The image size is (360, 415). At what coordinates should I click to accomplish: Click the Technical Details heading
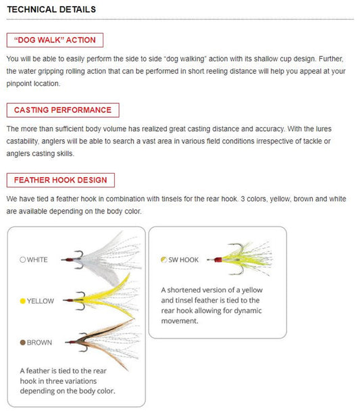51,9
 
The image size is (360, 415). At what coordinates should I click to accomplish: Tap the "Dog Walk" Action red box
55,40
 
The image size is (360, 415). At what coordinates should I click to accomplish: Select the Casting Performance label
63,110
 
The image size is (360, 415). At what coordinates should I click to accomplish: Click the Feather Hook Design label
60,180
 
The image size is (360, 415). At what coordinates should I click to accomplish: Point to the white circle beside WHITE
23,260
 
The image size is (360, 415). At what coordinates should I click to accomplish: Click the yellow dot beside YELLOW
23,301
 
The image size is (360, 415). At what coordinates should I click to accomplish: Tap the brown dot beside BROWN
23,343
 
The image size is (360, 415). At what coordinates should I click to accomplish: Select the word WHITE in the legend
37,260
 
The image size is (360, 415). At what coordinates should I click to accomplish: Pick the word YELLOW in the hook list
41,301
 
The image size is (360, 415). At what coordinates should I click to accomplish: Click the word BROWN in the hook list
39,343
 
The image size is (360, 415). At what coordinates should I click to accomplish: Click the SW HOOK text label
183,260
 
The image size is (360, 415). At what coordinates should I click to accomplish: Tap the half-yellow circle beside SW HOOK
163,260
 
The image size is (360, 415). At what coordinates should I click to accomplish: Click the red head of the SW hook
218,260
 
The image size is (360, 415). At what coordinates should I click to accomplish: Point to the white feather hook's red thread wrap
70,260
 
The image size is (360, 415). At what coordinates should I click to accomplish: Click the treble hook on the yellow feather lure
80,301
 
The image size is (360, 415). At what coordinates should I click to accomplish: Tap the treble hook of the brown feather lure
83,342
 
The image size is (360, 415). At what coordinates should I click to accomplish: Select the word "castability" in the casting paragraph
22,141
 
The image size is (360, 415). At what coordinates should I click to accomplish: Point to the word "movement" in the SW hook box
180,321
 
